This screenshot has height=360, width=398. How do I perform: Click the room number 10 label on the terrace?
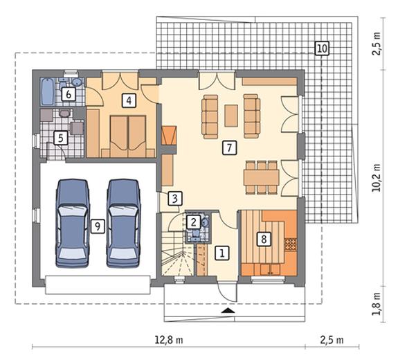[x=322, y=48]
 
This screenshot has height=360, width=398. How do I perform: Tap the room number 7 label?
[x=229, y=147]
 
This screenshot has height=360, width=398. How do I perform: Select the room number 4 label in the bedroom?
[x=129, y=100]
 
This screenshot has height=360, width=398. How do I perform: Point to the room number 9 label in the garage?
[x=98, y=226]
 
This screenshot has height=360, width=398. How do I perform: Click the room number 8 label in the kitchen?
[x=264, y=239]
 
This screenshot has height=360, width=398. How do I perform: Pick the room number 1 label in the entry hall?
[x=222, y=253]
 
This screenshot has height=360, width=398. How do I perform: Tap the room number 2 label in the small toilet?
[x=193, y=222]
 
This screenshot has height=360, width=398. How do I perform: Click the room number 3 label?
[x=175, y=199]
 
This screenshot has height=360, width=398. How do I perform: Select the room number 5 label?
[x=61, y=138]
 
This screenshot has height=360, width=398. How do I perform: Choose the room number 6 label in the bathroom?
[x=69, y=94]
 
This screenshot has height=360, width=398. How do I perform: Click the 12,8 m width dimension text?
[x=169, y=340]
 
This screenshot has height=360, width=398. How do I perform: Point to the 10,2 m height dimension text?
[x=377, y=177]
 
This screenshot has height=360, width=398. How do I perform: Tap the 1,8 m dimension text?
[x=377, y=304]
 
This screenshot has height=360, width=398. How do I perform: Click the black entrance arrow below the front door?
[x=228, y=310]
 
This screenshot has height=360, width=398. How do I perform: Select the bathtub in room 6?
[x=48, y=91]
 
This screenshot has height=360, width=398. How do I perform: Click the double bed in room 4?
[x=128, y=136]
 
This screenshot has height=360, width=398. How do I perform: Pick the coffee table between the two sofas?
[x=231, y=116]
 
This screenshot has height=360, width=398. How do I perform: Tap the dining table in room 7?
[x=262, y=177]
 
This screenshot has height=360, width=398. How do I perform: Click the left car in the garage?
[x=73, y=224]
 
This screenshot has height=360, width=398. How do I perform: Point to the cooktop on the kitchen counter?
[x=291, y=245]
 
